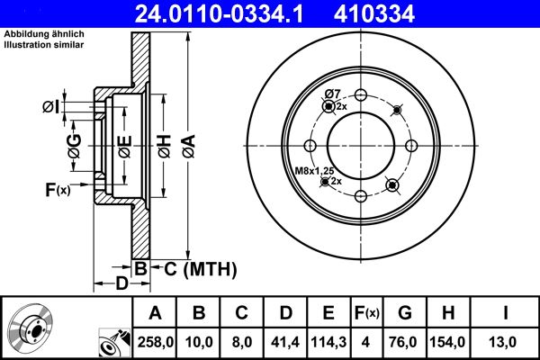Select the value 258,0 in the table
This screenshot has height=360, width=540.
coord(155,342)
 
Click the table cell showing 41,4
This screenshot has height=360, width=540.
coord(284,342)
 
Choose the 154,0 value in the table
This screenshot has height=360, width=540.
coord(449,342)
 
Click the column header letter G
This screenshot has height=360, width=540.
coord(405,313)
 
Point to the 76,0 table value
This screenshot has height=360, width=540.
coord(405,342)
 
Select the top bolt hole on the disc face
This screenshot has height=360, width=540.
coord(360,96)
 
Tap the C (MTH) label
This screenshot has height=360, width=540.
coord(197,267)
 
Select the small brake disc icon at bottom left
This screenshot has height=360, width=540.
coord(30,328)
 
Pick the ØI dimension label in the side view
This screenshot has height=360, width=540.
coord(51,107)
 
